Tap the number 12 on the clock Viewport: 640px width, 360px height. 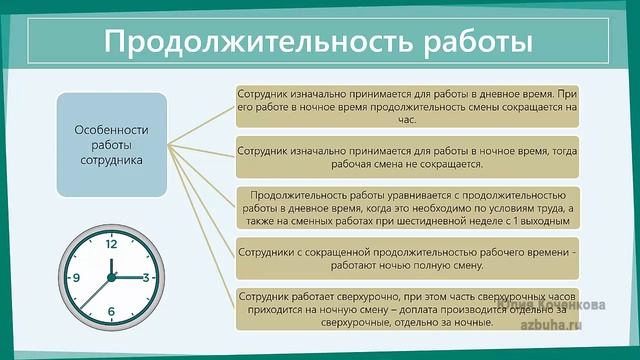click(x=110, y=243)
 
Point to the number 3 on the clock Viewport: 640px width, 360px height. click(x=146, y=277)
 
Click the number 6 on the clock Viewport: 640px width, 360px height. click(x=111, y=313)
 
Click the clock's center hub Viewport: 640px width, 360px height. click(x=111, y=277)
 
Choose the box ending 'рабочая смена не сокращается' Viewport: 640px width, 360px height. click(x=409, y=156)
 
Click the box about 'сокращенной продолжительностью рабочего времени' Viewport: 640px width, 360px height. click(x=409, y=255)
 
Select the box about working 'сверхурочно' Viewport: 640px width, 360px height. click(x=409, y=308)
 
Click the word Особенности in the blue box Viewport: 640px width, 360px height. click(x=111, y=130)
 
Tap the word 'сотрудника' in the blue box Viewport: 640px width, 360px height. click(x=111, y=159)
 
